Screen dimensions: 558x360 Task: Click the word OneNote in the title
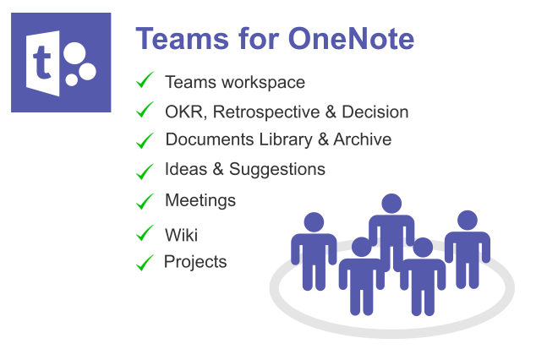(x=351, y=38)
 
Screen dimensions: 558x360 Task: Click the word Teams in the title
(x=182, y=38)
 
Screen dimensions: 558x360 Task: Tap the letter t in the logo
(x=42, y=63)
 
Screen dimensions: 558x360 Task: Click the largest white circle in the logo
(x=74, y=53)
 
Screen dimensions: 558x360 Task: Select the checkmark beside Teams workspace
(x=145, y=79)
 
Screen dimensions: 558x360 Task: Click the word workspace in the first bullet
(x=263, y=83)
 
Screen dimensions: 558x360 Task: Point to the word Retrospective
(x=266, y=112)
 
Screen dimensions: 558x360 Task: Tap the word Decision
(x=375, y=112)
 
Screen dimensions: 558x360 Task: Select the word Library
(x=286, y=139)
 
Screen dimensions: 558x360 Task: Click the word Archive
(x=362, y=139)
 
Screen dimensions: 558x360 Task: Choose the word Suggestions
(x=276, y=169)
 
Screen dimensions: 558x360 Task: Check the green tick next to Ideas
(x=145, y=172)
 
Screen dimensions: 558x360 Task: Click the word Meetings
(x=200, y=200)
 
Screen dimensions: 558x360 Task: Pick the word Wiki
(x=181, y=235)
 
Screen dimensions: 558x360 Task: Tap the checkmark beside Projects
(x=145, y=263)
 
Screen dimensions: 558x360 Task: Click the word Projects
(x=195, y=262)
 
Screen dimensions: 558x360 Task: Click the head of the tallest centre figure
(x=391, y=204)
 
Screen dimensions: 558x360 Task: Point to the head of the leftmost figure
(x=314, y=222)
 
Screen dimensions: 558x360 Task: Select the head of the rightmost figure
(x=468, y=221)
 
